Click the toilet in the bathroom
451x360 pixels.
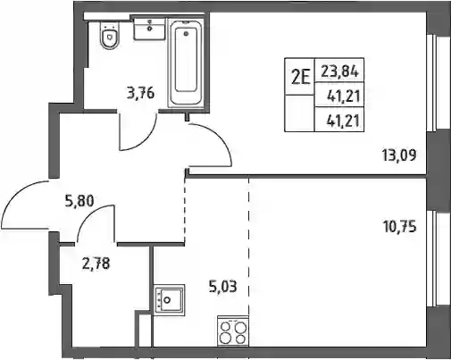click(x=110, y=37)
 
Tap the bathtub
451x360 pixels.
click(x=186, y=63)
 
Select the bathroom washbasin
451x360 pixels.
click(x=149, y=29)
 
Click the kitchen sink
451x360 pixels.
click(x=170, y=300)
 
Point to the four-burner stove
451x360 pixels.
click(x=233, y=331)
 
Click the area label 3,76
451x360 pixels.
click(x=140, y=94)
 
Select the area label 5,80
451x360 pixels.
click(x=79, y=201)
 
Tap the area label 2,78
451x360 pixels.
click(x=96, y=264)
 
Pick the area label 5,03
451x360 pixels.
click(x=223, y=287)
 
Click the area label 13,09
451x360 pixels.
click(x=399, y=155)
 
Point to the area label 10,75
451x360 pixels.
click(x=399, y=227)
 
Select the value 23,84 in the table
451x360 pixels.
click(x=339, y=71)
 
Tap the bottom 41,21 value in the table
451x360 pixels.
click(x=343, y=121)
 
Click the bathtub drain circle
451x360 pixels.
click(x=187, y=34)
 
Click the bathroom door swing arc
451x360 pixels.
click(x=146, y=141)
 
